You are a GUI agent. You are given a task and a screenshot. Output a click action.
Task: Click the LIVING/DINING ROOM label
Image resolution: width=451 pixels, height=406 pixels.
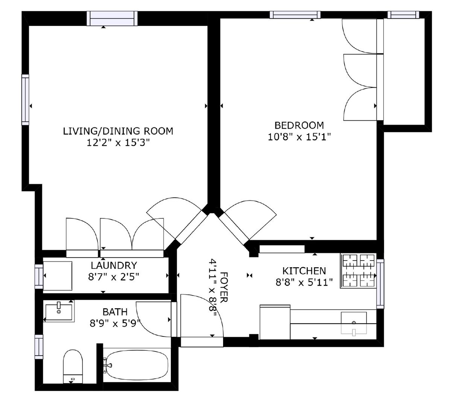[118, 131]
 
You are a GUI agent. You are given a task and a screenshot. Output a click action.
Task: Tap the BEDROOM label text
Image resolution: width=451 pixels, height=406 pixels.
[299, 125]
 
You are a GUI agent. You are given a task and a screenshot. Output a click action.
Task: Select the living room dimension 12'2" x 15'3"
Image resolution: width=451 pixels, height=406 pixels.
[118, 142]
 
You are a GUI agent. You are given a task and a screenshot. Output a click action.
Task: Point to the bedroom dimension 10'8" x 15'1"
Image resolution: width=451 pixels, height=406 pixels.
[299, 137]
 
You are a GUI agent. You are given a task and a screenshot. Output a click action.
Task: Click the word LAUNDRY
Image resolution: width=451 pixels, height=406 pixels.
[114, 265]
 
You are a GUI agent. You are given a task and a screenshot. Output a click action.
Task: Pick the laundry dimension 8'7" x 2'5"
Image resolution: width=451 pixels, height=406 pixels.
[114, 277]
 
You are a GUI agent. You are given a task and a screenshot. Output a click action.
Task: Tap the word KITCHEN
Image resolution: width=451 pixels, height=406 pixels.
[304, 271]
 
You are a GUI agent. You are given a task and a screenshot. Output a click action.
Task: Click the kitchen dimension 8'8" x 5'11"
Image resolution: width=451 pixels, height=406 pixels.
[304, 282]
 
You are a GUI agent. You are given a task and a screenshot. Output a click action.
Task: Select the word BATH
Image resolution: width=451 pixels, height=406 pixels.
[115, 312]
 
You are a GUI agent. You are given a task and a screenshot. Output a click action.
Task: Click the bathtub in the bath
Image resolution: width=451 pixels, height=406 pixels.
[135, 365]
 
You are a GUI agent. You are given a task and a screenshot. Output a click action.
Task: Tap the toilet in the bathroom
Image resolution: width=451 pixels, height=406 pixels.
[73, 366]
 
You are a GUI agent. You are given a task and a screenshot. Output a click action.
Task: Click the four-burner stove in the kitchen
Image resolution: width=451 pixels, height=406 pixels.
[358, 271]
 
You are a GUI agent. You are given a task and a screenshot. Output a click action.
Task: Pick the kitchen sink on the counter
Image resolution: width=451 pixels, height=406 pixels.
[354, 323]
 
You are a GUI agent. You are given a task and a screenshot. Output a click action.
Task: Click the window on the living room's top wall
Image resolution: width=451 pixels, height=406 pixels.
[112, 18]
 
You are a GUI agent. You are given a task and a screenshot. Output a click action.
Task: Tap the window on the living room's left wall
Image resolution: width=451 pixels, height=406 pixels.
[26, 100]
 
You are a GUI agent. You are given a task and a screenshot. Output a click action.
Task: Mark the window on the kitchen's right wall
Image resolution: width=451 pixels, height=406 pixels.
[380, 284]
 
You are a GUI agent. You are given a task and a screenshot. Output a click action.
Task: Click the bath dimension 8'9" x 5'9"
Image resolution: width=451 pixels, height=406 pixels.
[115, 323]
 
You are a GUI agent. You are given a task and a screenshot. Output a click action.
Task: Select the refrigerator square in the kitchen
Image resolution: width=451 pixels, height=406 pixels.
[275, 322]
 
